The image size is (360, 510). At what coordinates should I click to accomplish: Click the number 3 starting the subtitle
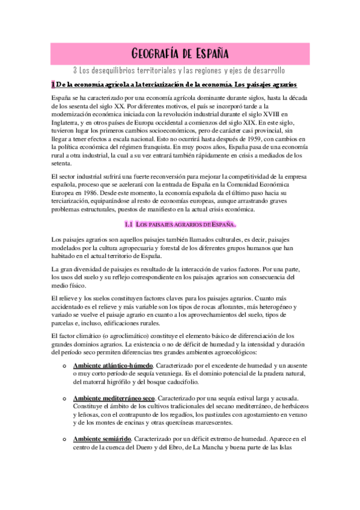[74, 70]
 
